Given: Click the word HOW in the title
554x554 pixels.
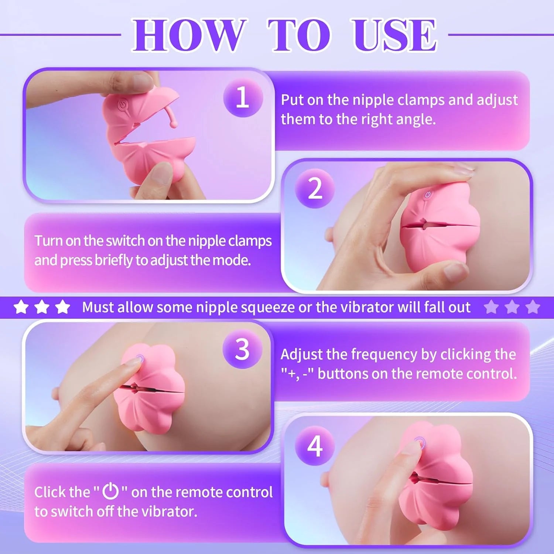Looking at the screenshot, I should point(188,35).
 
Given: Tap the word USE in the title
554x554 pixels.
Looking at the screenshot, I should point(394,35).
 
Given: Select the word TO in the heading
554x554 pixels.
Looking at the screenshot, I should point(299,35).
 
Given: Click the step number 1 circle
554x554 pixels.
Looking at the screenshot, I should point(243,98).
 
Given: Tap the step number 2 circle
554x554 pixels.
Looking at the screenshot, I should point(315,189).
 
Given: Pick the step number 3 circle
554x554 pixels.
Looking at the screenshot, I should point(242,349).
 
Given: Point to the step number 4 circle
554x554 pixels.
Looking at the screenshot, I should point(315,446).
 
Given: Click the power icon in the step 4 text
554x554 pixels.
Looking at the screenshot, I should point(110,491).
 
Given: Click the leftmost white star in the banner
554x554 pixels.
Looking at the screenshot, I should point(21,307).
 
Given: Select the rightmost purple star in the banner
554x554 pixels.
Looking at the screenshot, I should point(533,307).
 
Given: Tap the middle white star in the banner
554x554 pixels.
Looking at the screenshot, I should point(42,307).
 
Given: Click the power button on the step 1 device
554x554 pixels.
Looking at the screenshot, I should point(122,106).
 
